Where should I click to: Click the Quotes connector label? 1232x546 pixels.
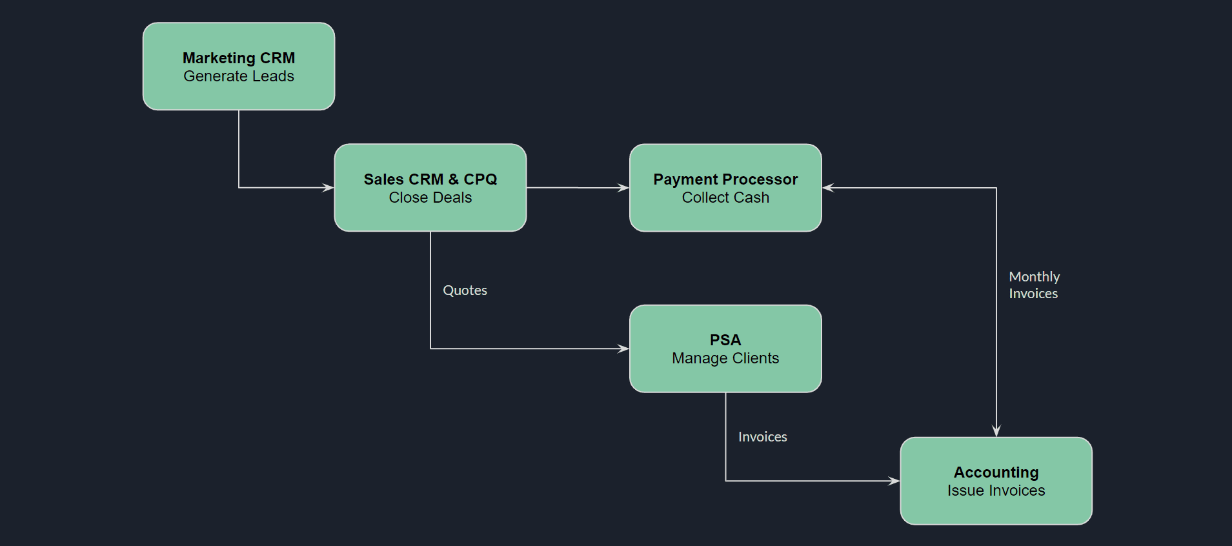(465, 290)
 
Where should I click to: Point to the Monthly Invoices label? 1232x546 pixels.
(1034, 285)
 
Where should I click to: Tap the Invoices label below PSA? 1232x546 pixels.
(762, 437)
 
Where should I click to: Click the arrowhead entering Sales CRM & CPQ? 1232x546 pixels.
(328, 188)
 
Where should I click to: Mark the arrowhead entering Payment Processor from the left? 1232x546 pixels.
(623, 188)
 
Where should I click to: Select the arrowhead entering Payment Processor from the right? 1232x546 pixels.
(829, 188)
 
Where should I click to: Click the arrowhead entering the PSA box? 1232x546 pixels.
(623, 349)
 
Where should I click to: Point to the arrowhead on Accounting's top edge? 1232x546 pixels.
(996, 431)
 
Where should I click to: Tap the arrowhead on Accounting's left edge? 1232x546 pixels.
(894, 481)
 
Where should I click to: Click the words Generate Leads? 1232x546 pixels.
(239, 76)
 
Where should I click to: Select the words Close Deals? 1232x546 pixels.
(430, 197)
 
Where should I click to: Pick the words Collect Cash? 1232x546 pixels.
(725, 197)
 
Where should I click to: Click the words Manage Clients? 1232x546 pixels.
(725, 358)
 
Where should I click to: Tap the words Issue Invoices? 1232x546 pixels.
(996, 490)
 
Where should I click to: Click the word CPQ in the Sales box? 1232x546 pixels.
(480, 179)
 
